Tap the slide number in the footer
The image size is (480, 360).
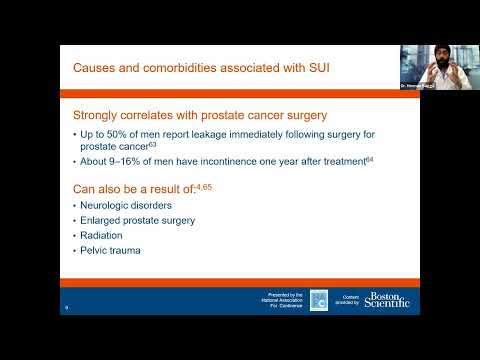(66, 307)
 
